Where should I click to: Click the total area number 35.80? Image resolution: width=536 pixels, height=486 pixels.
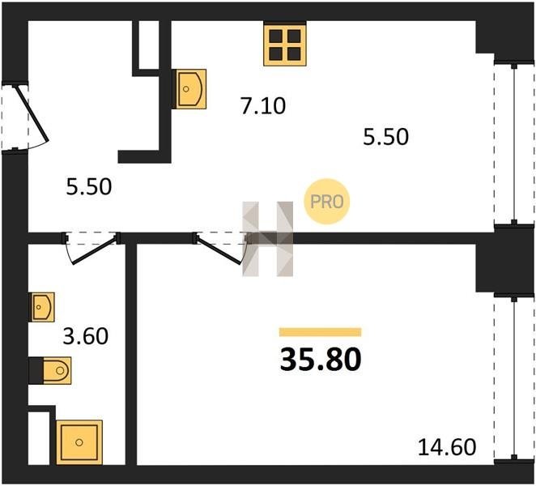tap(321, 360)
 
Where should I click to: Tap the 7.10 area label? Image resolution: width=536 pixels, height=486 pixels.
tap(263, 105)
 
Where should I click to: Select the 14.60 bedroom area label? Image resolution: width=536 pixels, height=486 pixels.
tap(447, 446)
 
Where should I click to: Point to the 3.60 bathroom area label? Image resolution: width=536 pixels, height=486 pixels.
tap(86, 336)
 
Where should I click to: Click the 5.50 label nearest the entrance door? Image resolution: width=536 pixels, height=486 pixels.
tap(89, 187)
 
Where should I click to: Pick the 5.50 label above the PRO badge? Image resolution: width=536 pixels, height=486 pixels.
tap(385, 137)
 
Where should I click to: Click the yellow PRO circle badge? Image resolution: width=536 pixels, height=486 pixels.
tap(327, 202)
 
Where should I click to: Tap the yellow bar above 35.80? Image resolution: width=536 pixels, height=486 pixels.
tap(321, 332)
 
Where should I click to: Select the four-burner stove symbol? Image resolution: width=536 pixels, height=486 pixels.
tap(285, 44)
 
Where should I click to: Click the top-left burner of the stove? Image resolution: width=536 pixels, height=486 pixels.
tap(275, 36)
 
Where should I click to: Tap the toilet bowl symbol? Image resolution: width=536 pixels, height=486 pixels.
tap(57, 370)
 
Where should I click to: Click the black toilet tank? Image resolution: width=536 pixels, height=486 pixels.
tap(36, 370)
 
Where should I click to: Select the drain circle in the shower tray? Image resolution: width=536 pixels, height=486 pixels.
tap(79, 442)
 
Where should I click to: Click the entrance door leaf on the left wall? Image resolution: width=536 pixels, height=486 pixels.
tap(31, 113)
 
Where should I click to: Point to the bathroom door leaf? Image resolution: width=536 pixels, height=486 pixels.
tap(94, 250)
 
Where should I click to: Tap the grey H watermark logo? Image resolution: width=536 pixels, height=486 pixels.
tap(268, 239)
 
